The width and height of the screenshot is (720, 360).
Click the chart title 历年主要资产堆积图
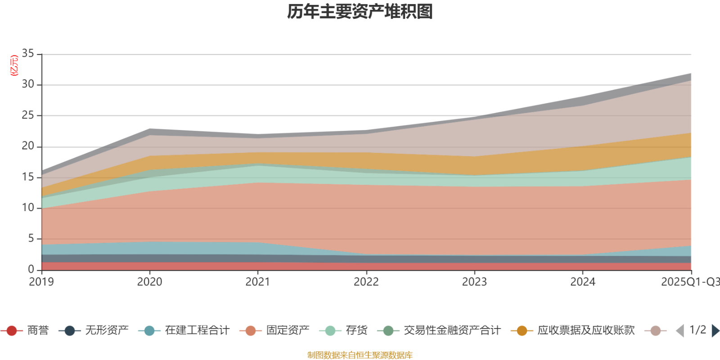click(360, 12)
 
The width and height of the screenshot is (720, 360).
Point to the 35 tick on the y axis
click(28, 54)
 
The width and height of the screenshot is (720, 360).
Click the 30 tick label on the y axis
click(28, 84)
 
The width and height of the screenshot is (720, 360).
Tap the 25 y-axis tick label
click(28, 115)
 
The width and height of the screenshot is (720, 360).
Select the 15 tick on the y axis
click(28, 177)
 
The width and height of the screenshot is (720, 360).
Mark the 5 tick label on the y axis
click(31, 238)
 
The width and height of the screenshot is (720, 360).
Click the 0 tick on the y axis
click(31, 269)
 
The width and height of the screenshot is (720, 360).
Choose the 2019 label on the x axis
click(41, 282)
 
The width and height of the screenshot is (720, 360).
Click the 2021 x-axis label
click(258, 282)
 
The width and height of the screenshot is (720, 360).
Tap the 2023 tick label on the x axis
click(474, 282)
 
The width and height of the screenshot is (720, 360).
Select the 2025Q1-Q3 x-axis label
click(690, 282)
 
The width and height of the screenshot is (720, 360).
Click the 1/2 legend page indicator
click(697, 330)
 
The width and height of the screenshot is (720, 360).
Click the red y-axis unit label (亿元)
click(14, 66)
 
